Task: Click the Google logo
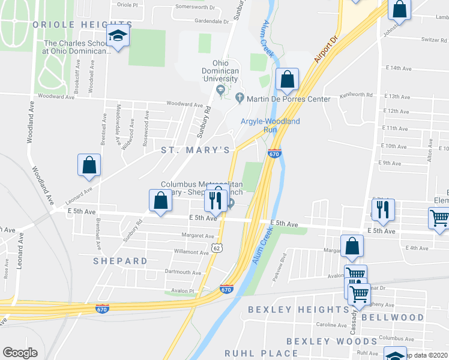(x=20, y=353)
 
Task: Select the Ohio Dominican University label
(x=217, y=71)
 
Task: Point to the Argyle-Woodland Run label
(x=270, y=125)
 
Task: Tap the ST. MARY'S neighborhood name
(x=195, y=149)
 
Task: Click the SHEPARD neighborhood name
(x=120, y=261)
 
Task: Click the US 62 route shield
(x=217, y=247)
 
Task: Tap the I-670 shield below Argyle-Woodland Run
(x=274, y=154)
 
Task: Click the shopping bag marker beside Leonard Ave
(x=89, y=166)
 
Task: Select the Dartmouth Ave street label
(x=183, y=272)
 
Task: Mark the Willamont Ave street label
(x=191, y=253)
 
